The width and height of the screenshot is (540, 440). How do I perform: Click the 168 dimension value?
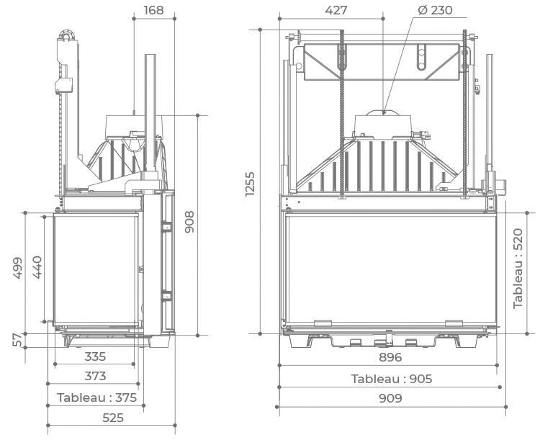pos(153,10)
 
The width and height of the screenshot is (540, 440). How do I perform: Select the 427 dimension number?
pos(336,10)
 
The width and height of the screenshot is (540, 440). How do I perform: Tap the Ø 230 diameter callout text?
pos(436,10)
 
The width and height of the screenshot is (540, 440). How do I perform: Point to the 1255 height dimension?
pos(250,184)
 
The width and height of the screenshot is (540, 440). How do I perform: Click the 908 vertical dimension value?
pos(189,222)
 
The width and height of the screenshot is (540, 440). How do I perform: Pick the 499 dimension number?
pos(17,268)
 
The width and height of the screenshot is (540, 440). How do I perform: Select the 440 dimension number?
pos(37,267)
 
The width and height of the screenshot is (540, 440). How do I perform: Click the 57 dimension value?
pos(18,340)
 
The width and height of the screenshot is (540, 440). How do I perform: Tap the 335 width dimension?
pos(95,356)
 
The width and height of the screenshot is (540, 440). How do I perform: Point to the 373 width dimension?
pos(95,376)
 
